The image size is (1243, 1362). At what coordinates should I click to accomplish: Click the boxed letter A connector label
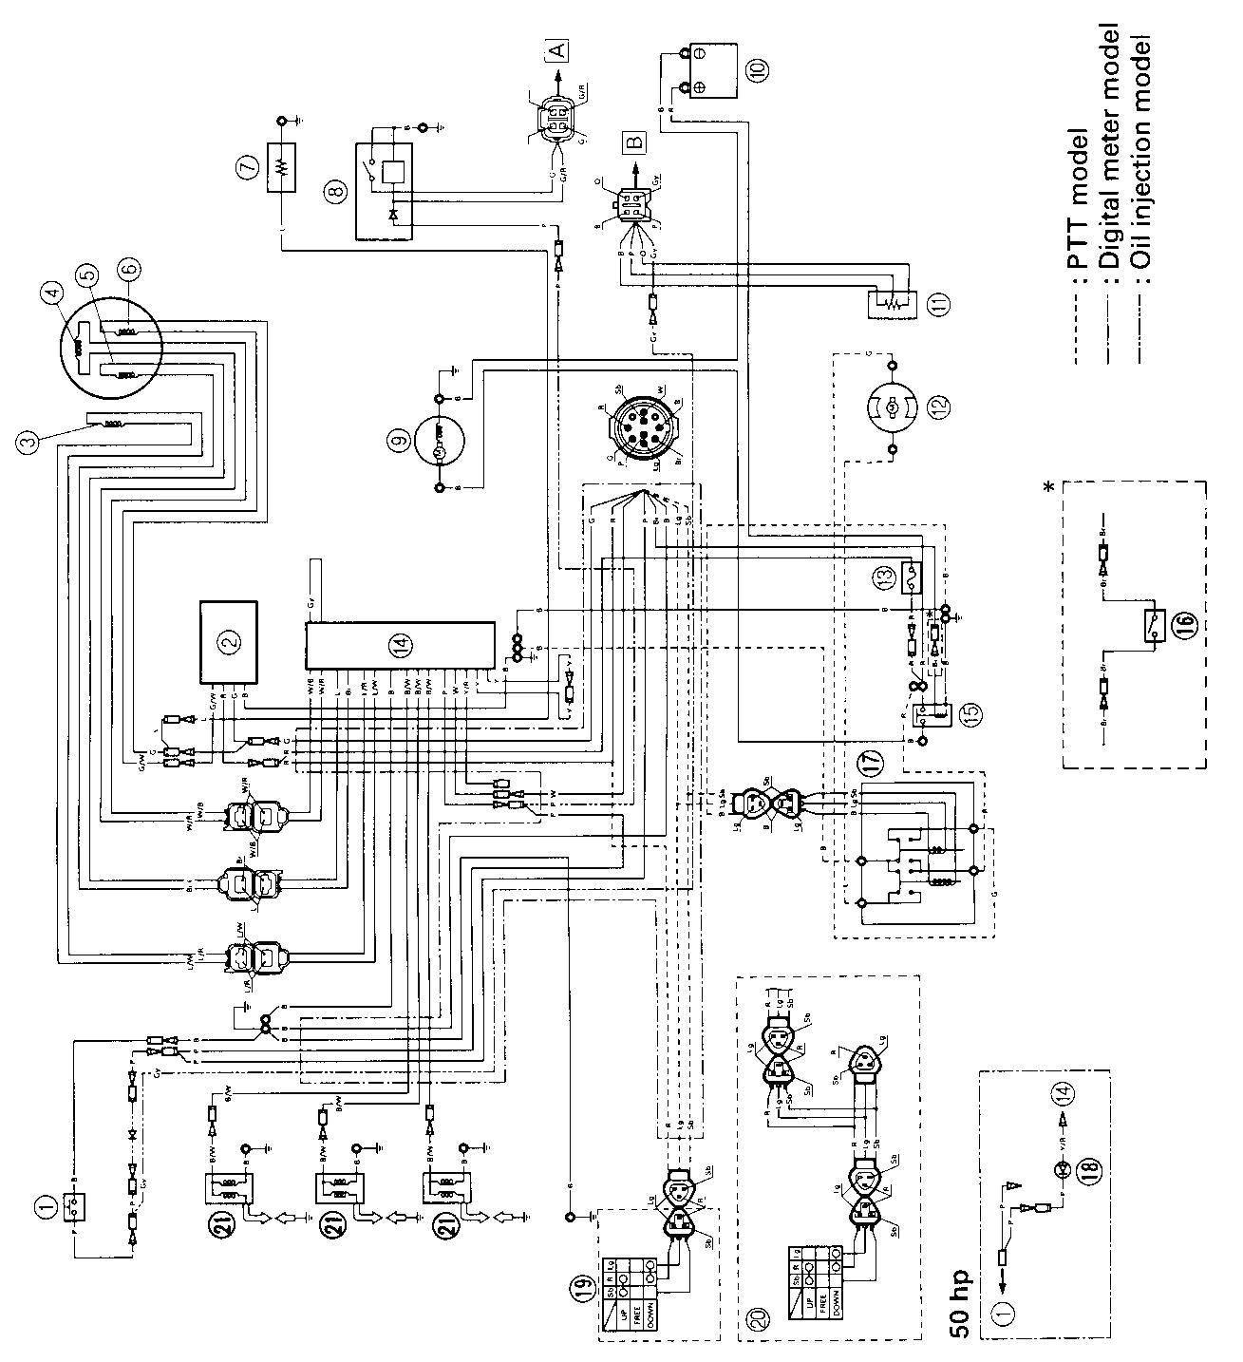click(556, 48)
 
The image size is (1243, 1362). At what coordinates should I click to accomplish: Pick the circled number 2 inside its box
click(228, 644)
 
